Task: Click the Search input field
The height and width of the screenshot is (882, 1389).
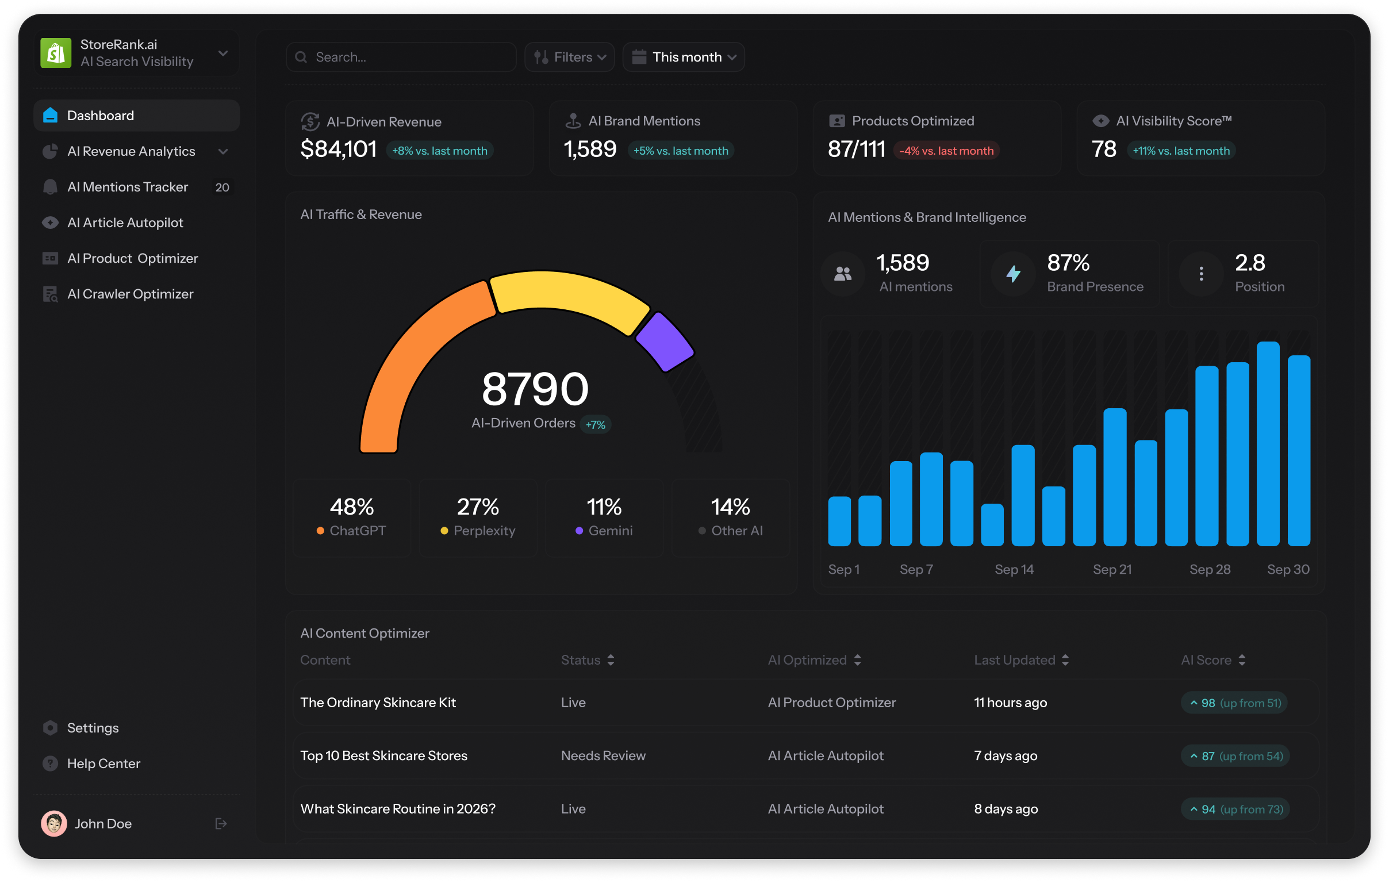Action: [401, 57]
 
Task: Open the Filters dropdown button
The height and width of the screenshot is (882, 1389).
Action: [569, 57]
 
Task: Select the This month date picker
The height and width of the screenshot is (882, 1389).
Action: [684, 57]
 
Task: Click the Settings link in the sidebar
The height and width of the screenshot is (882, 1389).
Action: [93, 728]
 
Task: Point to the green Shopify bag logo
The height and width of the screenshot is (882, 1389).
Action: [56, 53]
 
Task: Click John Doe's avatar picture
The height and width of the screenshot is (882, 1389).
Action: [53, 824]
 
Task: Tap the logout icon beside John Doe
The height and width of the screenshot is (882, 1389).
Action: [221, 824]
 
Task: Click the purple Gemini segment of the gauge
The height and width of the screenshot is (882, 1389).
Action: [665, 342]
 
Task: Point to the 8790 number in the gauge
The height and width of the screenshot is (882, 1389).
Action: [535, 389]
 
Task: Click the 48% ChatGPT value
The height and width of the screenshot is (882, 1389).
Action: [352, 507]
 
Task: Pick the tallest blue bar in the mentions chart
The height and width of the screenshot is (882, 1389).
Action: [1268, 444]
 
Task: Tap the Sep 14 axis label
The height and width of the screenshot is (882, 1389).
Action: [1014, 569]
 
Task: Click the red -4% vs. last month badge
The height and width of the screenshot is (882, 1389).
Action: [946, 151]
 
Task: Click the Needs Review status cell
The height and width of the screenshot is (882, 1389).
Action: [603, 756]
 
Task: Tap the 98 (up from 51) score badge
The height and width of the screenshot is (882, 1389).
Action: [1234, 703]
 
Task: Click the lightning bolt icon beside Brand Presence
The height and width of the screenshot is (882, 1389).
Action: [1014, 274]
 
